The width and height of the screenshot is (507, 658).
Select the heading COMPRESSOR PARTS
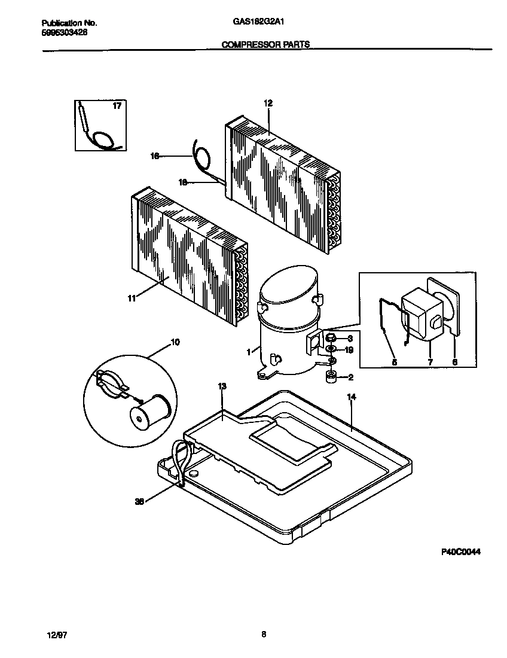pyautogui.click(x=266, y=44)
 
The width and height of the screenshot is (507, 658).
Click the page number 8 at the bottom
pyautogui.click(x=263, y=635)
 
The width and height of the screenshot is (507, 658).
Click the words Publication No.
pyautogui.click(x=69, y=23)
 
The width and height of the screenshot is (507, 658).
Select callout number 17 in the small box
pyautogui.click(x=117, y=106)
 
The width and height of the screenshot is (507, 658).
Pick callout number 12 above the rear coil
pyautogui.click(x=267, y=103)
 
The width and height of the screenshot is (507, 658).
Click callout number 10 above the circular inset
pyautogui.click(x=175, y=342)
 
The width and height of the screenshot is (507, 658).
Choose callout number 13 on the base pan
pyautogui.click(x=222, y=387)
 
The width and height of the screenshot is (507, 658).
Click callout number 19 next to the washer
pyautogui.click(x=350, y=349)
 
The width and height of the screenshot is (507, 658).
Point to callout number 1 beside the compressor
pyautogui.click(x=248, y=352)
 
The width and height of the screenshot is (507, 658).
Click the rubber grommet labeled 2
pyautogui.click(x=331, y=377)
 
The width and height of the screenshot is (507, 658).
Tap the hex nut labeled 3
pyautogui.click(x=329, y=339)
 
